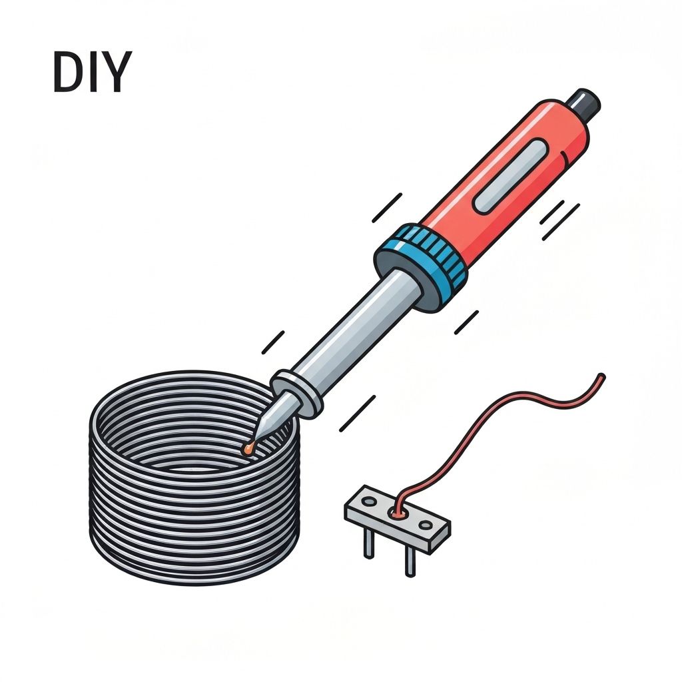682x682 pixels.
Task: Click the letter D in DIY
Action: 69,72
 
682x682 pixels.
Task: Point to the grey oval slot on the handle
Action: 511,176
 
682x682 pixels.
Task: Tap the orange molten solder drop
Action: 249,448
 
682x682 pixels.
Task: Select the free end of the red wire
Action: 602,377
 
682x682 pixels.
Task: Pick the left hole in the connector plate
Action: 369,502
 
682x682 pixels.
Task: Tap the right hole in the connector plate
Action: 425,525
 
